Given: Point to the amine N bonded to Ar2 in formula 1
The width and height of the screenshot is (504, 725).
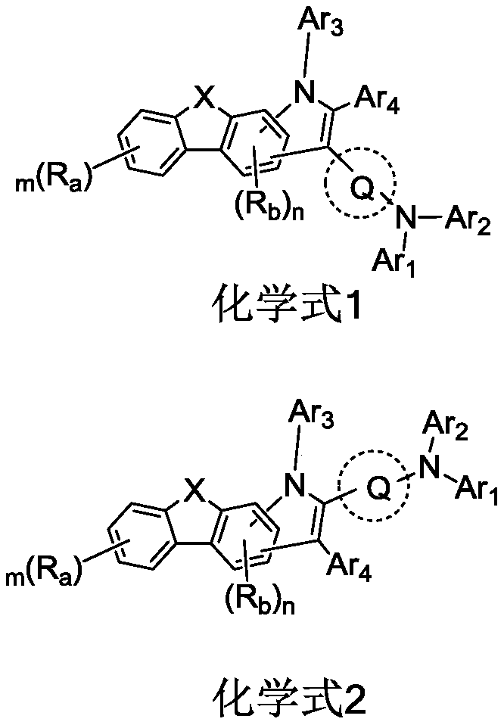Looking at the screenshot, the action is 407,220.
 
